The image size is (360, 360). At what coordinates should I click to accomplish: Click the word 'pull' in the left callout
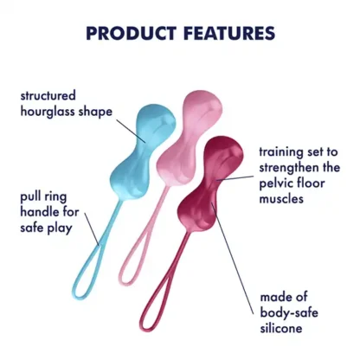[31, 196]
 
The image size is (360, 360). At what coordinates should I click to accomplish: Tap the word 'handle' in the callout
[39, 213]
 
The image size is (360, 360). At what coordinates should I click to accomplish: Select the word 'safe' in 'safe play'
[33, 229]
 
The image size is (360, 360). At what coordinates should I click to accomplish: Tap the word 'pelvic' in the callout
[278, 183]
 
